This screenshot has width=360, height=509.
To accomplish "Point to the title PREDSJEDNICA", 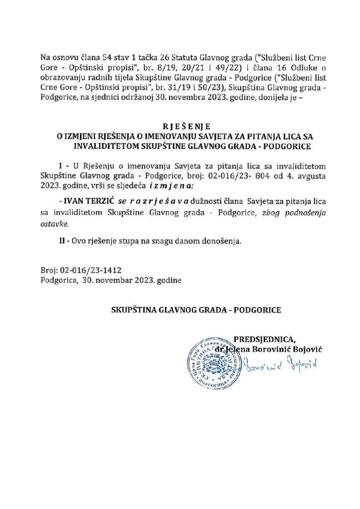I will click(268, 339).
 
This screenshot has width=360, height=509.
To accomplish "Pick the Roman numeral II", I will click(62, 242).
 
